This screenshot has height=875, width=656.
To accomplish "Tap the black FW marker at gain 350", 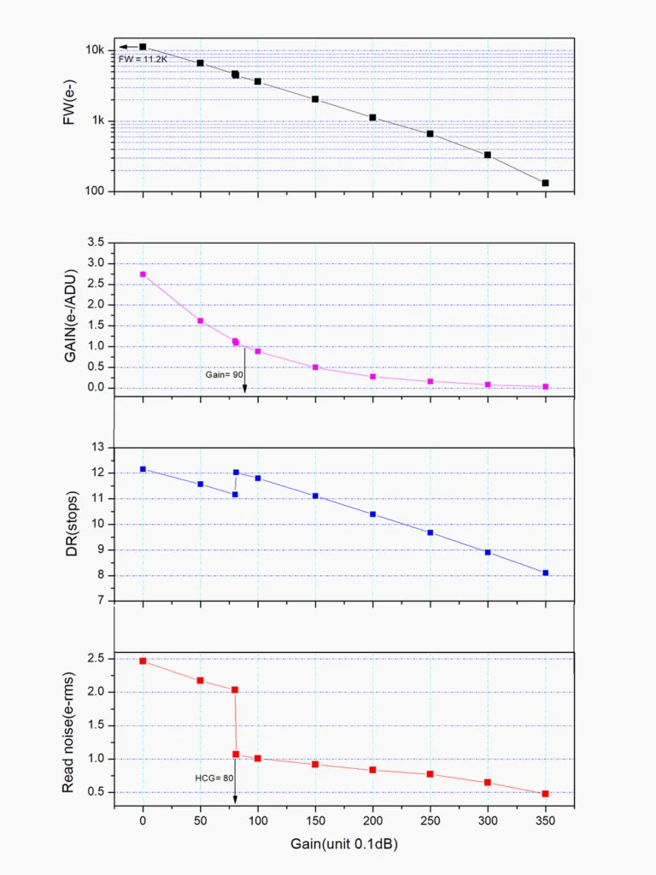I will click(545, 183).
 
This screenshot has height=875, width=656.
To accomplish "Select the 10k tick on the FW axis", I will click(95, 50).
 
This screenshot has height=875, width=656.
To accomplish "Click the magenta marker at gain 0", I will click(143, 274).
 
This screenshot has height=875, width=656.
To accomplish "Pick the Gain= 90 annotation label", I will click(224, 374).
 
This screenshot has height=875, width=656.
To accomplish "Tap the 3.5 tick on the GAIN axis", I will click(94, 243).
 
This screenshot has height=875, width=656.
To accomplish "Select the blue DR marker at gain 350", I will click(545, 573).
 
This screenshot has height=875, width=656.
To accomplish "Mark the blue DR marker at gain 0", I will click(143, 469).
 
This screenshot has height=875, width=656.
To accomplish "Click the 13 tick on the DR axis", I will click(97, 447).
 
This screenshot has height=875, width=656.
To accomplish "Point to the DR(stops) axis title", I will click(73, 523).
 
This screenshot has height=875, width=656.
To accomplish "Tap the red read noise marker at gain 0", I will click(143, 661).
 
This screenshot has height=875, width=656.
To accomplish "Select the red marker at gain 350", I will click(545, 794).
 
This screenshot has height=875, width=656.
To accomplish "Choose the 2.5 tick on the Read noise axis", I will click(94, 659).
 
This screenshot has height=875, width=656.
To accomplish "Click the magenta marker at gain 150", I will click(315, 367).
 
